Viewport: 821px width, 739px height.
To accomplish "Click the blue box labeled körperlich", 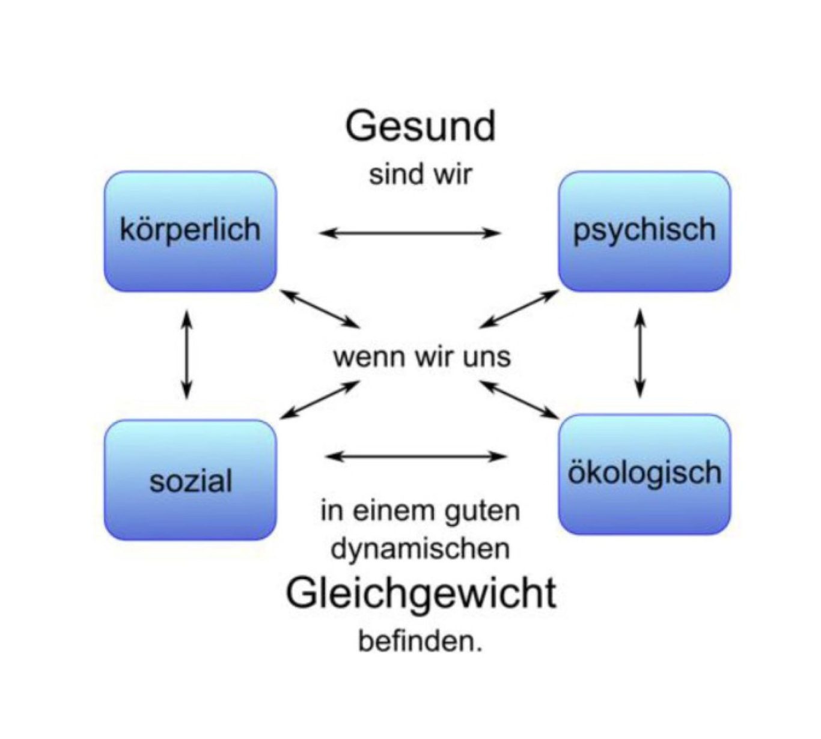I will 190,231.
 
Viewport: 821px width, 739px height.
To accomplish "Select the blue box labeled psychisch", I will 644,231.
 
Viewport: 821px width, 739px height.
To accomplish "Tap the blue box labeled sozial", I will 190,480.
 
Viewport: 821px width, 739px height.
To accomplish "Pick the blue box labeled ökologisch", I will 644,474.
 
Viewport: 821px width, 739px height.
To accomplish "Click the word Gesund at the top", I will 421,127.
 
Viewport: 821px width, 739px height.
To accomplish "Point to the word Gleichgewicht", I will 421,594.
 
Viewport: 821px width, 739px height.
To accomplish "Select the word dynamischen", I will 421,549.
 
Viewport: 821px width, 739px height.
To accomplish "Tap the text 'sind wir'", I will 421,175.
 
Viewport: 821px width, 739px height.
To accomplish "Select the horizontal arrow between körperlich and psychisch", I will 410,233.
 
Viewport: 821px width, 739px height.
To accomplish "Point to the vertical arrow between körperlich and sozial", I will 187,354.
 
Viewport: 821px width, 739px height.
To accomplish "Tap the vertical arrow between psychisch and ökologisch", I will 641,353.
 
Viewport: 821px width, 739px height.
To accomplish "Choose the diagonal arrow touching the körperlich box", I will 320,309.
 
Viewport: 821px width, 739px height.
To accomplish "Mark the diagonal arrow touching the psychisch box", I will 519,309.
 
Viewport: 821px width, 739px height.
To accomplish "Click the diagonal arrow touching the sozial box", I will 320,400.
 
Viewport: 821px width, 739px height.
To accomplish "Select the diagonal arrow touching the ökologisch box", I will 519,400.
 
